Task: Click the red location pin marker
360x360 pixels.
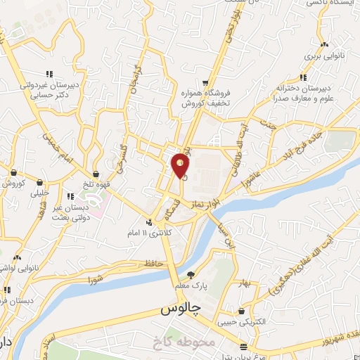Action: [x=181, y=165]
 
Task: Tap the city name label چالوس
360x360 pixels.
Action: [x=179, y=308]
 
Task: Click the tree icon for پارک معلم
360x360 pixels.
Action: [x=191, y=274]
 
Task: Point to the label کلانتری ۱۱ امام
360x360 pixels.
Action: [x=150, y=231]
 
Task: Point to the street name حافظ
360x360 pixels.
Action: [x=154, y=263]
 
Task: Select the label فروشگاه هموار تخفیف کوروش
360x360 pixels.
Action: [x=205, y=98]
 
